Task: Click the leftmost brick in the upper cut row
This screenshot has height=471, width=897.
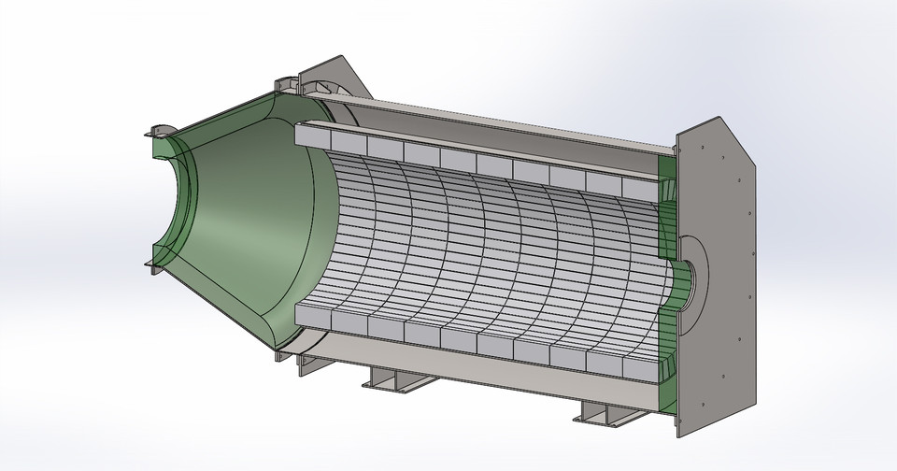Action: tap(312, 136)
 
